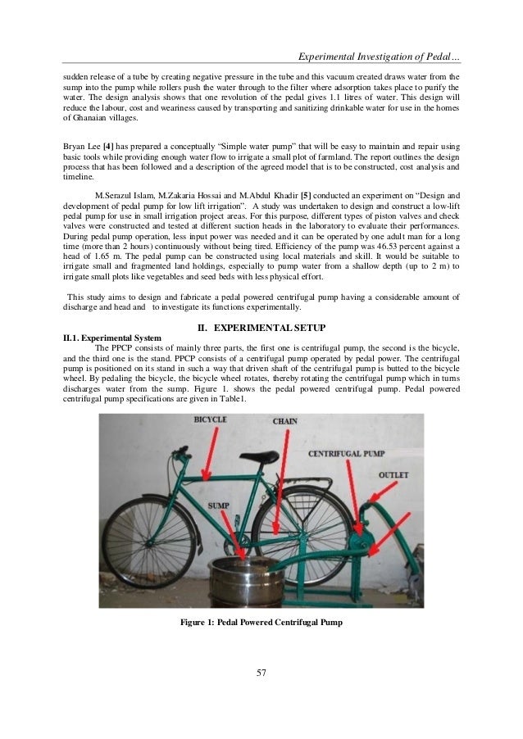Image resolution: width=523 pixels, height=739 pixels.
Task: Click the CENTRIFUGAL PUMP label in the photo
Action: pyautogui.click(x=345, y=453)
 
